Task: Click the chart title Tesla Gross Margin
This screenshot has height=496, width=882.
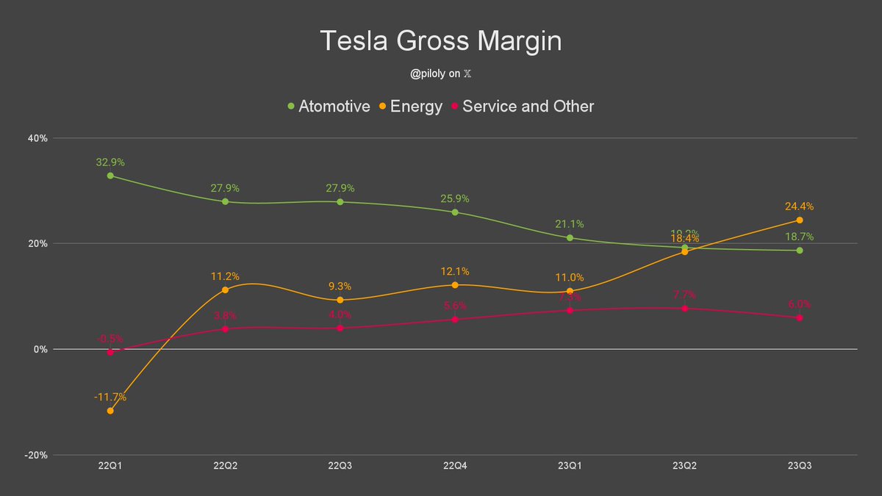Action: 440,41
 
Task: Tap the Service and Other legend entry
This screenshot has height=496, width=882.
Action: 523,107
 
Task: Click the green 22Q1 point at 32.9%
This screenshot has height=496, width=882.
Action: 110,176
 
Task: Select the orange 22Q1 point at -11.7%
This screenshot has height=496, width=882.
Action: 110,411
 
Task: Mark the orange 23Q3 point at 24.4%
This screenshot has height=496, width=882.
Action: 799,220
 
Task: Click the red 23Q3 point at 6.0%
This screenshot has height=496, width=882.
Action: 799,317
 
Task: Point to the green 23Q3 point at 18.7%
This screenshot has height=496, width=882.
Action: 799,251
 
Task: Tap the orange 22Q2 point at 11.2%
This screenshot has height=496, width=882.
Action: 225,290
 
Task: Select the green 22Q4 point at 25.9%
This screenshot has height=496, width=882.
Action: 455,212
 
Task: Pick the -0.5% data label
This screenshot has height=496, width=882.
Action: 110,339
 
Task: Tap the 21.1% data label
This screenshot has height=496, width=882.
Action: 570,224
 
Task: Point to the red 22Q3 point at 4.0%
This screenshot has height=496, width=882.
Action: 340,328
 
